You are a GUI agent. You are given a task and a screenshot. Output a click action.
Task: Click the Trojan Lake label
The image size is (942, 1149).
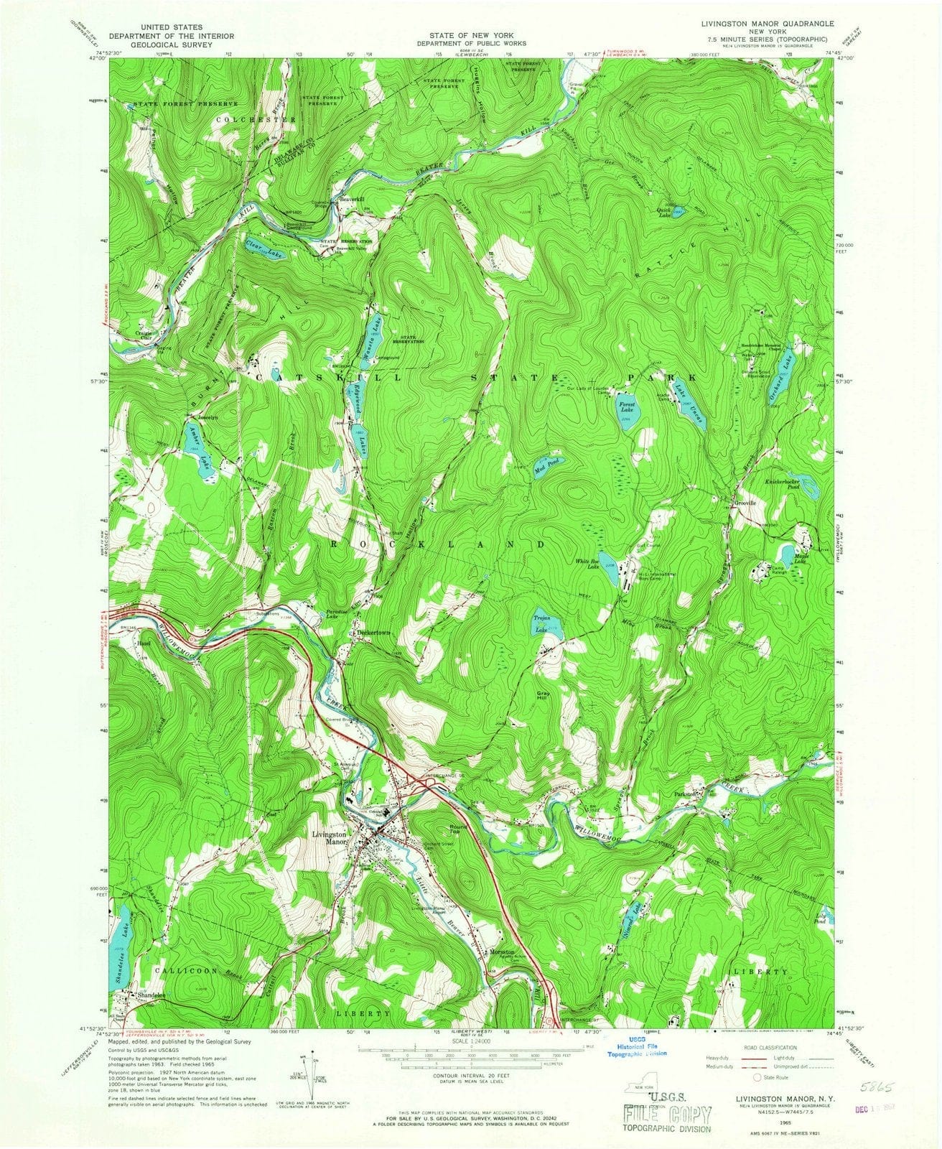point(541,623)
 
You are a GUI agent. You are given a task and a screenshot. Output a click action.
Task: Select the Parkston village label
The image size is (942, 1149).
point(686,795)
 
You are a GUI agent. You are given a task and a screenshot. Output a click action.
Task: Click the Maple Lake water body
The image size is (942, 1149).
point(786,554)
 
